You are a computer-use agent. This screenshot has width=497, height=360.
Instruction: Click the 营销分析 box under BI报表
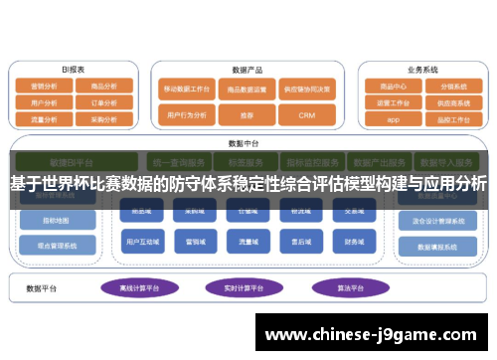45,87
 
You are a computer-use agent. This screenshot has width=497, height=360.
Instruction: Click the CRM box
305,115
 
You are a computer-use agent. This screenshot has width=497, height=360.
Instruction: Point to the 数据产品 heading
247,71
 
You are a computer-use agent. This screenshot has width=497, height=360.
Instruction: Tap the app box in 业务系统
393,118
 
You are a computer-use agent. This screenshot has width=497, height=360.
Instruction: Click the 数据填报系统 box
434,244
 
